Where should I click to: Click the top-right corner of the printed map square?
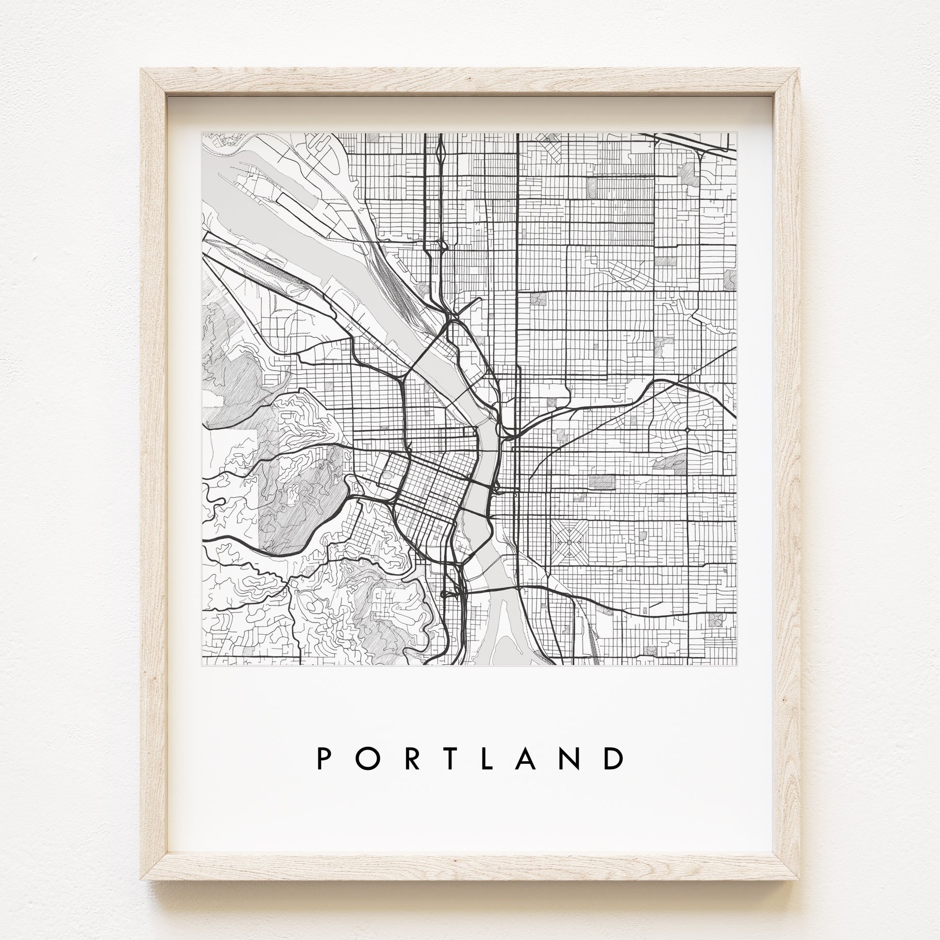[737, 133]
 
